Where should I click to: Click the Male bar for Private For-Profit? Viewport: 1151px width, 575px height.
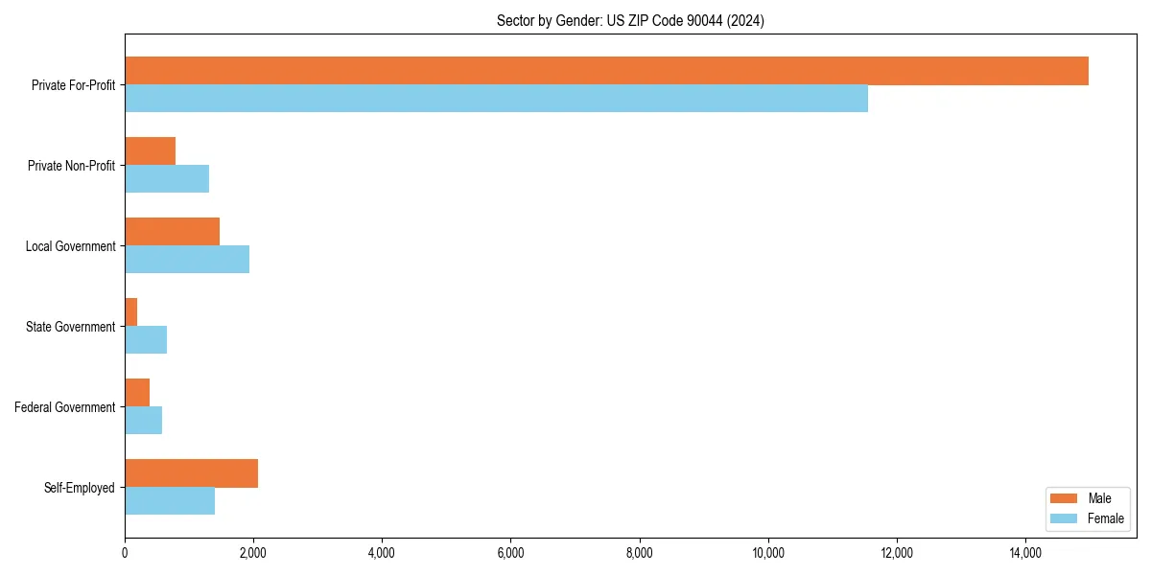click(x=606, y=71)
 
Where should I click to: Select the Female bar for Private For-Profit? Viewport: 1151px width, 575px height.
click(x=496, y=99)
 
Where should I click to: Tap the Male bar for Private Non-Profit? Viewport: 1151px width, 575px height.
click(x=150, y=151)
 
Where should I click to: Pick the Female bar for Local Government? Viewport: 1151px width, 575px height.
click(x=187, y=260)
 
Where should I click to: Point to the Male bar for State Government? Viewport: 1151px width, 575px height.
click(x=131, y=312)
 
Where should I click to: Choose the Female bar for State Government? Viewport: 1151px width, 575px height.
click(x=146, y=340)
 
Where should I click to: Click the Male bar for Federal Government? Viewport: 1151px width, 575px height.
click(x=137, y=393)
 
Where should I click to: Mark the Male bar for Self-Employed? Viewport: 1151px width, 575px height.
click(x=191, y=473)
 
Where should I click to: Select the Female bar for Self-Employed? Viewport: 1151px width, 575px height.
click(x=170, y=501)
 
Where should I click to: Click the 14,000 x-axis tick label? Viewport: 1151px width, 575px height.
click(x=1025, y=553)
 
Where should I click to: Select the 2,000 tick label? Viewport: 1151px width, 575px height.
click(x=253, y=553)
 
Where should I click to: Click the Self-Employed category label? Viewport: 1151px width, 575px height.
click(x=80, y=488)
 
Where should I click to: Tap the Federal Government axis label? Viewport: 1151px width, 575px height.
click(x=65, y=407)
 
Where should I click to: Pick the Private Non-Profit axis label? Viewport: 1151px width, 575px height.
click(x=72, y=166)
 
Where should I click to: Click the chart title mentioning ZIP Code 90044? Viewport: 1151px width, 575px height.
click(x=630, y=20)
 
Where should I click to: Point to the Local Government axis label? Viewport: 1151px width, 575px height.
click(x=71, y=246)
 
